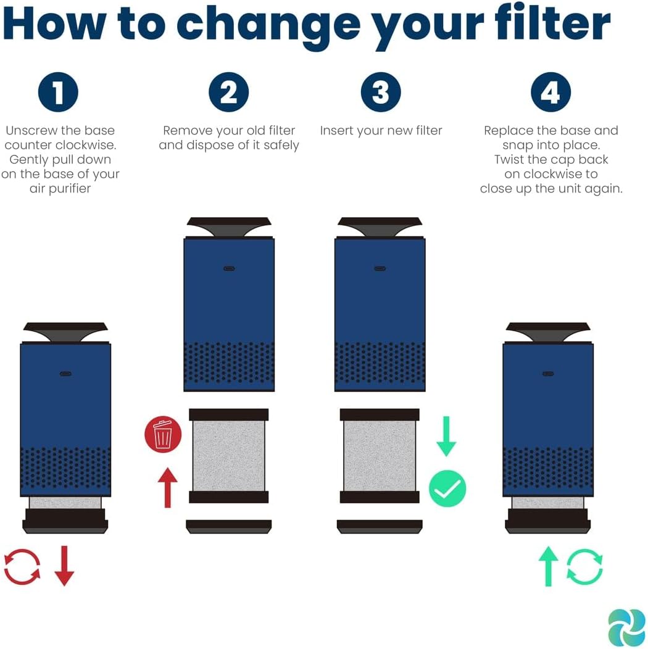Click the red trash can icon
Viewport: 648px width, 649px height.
163,434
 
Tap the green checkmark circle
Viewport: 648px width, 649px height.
447,489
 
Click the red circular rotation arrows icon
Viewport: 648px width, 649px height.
22,566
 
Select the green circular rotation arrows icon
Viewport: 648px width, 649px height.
584,566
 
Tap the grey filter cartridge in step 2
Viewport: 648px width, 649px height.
229,455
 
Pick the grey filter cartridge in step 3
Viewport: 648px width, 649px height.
380,455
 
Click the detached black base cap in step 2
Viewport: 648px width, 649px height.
229,526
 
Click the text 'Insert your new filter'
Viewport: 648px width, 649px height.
381,131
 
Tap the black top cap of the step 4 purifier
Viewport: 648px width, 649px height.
548,331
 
